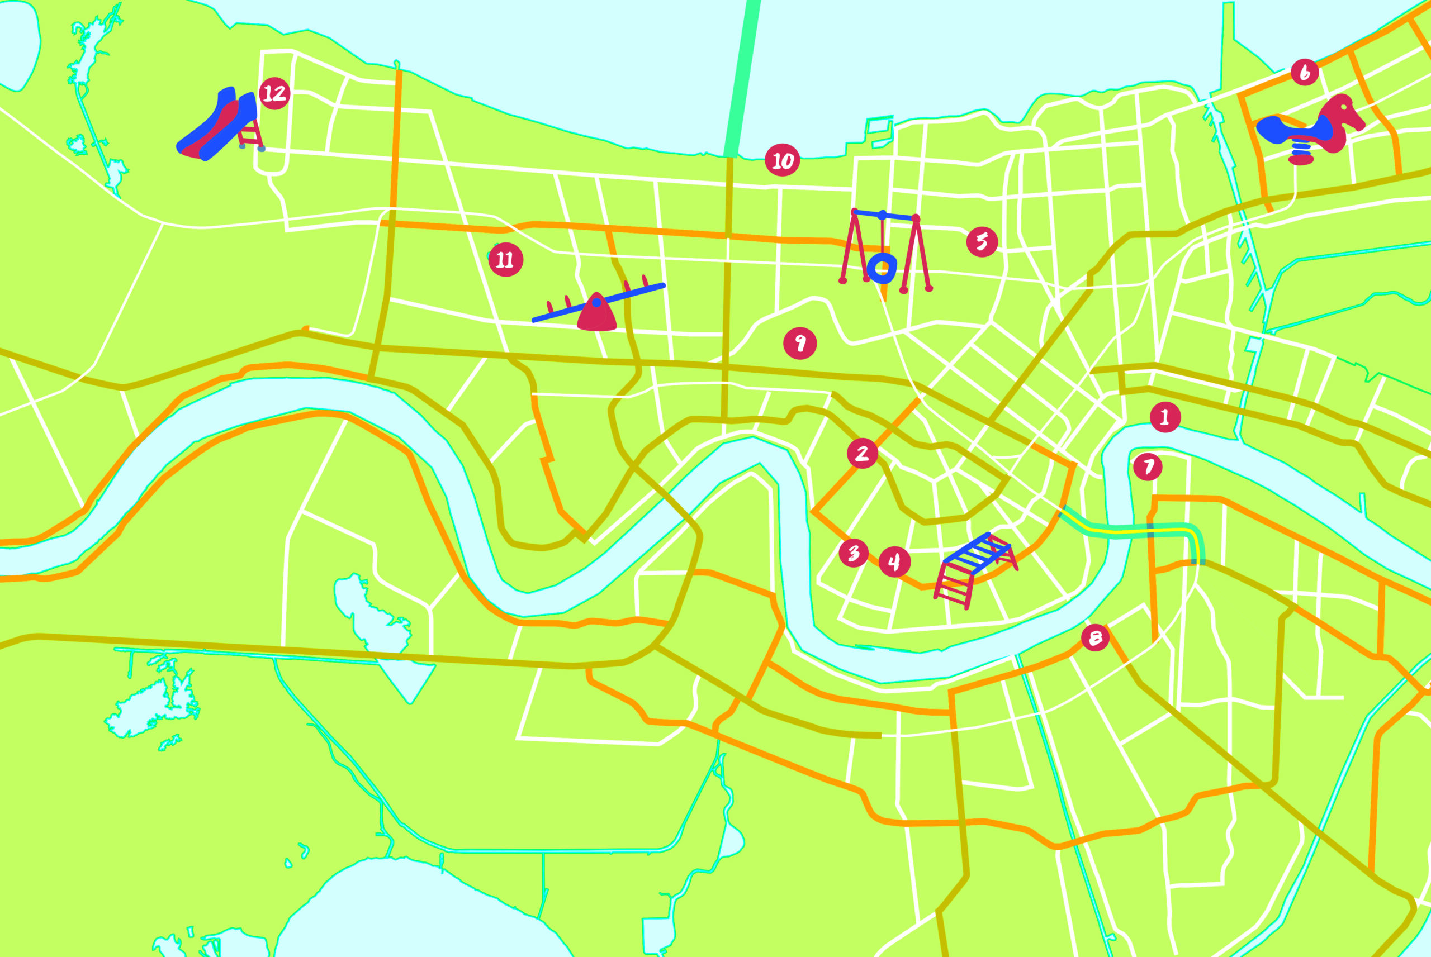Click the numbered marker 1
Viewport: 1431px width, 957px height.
pos(1165,417)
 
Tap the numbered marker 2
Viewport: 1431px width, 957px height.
pos(862,453)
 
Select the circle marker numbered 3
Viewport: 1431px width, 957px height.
pos(854,553)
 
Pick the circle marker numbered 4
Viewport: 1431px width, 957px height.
pos(894,561)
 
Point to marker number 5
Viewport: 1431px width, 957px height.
pos(982,242)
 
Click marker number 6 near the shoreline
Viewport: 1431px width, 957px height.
pos(1305,73)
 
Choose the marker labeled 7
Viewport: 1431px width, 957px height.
pos(1147,466)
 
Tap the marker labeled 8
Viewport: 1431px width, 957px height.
pos(1094,638)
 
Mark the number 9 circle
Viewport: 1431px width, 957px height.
pos(800,344)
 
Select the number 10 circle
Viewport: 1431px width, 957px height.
pos(782,160)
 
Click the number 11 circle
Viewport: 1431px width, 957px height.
pos(505,260)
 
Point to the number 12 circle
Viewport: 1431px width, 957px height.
pos(274,93)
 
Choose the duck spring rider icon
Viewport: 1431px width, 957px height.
pos(1312,130)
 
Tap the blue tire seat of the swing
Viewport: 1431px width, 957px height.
pos(882,268)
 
